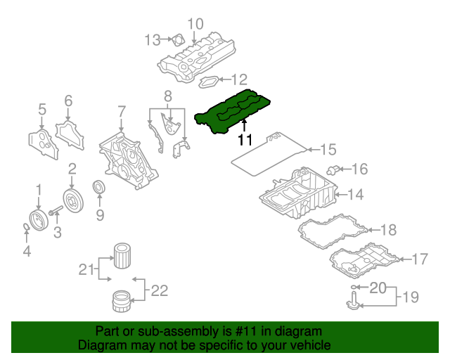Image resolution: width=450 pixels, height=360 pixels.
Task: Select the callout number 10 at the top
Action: [x=195, y=24]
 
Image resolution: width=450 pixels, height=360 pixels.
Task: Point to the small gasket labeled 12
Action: [x=209, y=82]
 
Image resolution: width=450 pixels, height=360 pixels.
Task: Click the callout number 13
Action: [x=153, y=40]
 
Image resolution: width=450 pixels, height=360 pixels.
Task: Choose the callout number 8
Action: [x=168, y=95]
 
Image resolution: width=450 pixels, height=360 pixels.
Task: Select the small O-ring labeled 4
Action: [x=26, y=226]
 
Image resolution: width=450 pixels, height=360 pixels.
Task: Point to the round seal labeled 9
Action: [x=100, y=189]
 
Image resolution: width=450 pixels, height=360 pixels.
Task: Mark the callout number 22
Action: [x=160, y=289]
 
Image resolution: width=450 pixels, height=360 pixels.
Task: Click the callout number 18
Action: [x=388, y=230]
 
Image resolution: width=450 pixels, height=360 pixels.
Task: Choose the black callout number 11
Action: [x=245, y=139]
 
